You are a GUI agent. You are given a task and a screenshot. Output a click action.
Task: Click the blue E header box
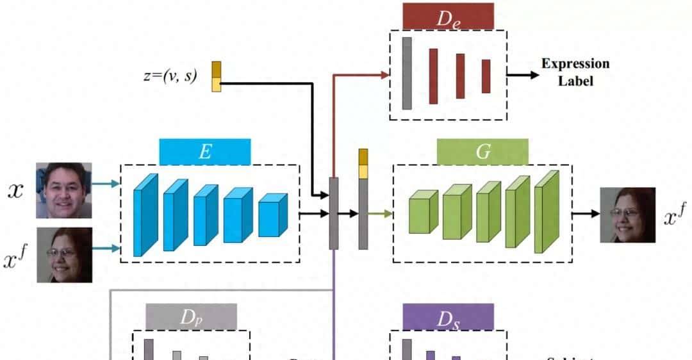[205, 152]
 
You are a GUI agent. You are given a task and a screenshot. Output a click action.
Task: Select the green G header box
[482, 152]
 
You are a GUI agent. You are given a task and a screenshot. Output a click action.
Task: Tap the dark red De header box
[449, 16]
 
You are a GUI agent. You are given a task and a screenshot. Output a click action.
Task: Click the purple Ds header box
[449, 316]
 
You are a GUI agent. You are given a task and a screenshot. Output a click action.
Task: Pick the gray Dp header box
[191, 316]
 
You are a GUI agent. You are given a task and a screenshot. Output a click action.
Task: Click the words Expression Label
[575, 72]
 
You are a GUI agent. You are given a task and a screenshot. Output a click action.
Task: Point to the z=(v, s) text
[170, 76]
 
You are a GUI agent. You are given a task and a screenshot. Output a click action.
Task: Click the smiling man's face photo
[64, 190]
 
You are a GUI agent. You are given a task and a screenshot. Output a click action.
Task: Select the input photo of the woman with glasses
[64, 254]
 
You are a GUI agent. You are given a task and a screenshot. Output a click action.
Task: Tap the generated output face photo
[627, 215]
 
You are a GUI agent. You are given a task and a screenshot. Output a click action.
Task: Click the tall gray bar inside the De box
[407, 73]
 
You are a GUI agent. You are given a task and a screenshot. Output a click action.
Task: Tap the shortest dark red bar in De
[486, 76]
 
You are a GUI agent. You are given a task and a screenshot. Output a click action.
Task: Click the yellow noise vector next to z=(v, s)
[217, 76]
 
